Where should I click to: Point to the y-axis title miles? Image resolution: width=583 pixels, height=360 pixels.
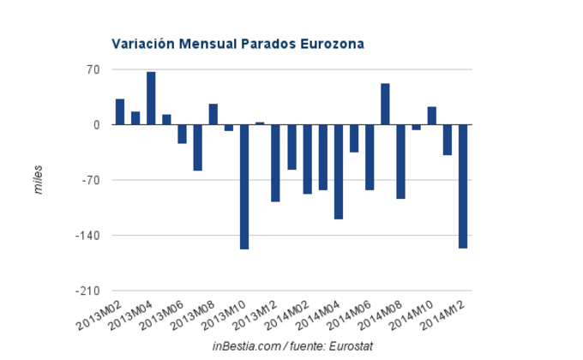pyautogui.click(x=38, y=180)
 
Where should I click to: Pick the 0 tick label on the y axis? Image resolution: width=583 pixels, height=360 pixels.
pyautogui.click(x=97, y=125)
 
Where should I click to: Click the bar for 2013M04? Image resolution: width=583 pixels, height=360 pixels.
pyautogui.click(x=151, y=99)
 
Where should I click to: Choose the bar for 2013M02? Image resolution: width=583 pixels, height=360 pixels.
pyautogui.click(x=120, y=112)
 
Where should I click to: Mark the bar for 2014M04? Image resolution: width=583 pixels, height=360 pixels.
pyautogui.click(x=338, y=171)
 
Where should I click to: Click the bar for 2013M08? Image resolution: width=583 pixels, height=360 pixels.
pyautogui.click(x=213, y=115)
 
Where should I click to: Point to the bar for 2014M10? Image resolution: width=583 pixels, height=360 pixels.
pyautogui.click(x=432, y=116)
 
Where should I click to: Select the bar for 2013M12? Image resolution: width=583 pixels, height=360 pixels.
pyautogui.click(x=276, y=163)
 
